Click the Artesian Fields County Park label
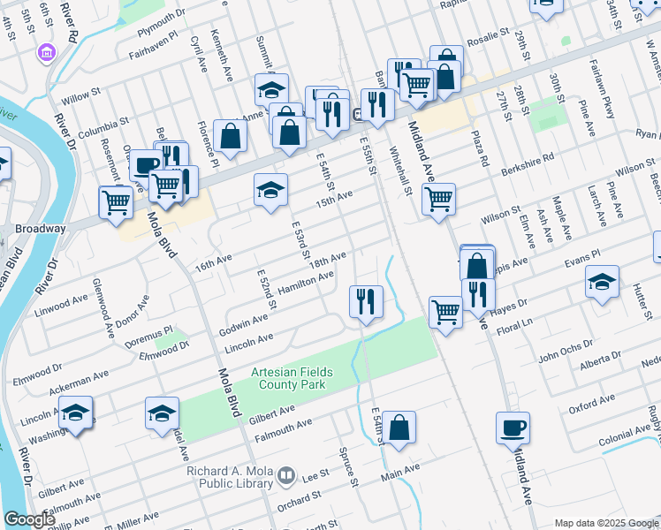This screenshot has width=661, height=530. pyautogui.click(x=288, y=377)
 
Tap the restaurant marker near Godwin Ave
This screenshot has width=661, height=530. pyautogui.click(x=365, y=301)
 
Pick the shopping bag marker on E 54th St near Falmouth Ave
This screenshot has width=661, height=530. pyautogui.click(x=399, y=427)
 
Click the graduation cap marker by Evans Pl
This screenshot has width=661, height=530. pyautogui.click(x=602, y=283)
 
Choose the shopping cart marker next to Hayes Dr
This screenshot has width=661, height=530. pyautogui.click(x=445, y=311)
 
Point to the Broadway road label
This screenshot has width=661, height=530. pyautogui.click(x=41, y=228)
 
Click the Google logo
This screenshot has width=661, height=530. pyautogui.click(x=29, y=519)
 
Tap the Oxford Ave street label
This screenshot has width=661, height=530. pyautogui.click(x=591, y=407)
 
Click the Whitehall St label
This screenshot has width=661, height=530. pyautogui.click(x=407, y=170)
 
